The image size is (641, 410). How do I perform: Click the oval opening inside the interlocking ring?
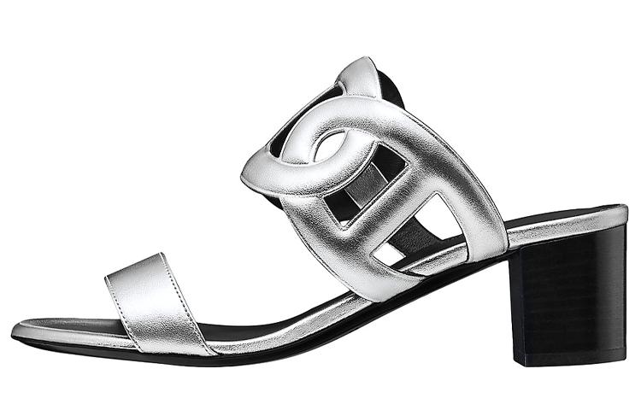[x=329, y=145]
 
